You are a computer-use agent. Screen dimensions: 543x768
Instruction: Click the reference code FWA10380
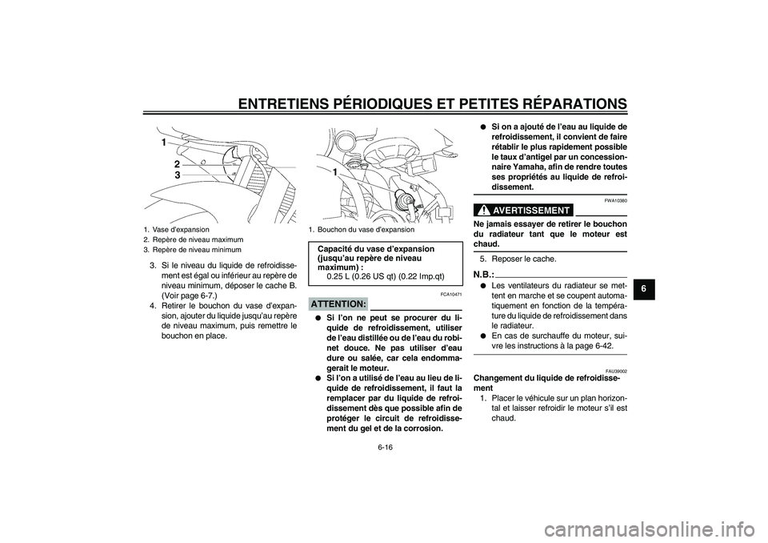pos(615,200)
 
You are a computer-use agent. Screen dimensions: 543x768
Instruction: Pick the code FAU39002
pos(616,371)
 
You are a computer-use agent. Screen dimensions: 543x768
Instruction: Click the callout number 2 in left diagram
pos(177,163)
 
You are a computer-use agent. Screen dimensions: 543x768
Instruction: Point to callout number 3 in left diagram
pos(177,174)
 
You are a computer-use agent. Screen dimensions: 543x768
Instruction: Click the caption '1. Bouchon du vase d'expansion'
pos(361,229)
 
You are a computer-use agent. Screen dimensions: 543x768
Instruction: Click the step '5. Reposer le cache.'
pos(518,259)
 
